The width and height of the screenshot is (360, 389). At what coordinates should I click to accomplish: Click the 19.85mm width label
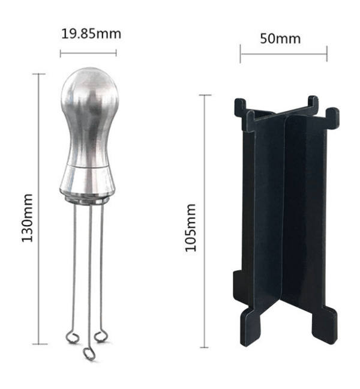[91, 34]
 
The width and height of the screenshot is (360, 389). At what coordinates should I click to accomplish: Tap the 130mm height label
[27, 218]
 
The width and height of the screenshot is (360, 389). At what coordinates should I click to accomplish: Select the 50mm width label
[280, 38]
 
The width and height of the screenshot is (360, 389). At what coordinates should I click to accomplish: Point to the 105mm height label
[191, 228]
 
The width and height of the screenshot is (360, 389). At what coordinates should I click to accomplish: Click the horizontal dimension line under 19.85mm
[88, 53]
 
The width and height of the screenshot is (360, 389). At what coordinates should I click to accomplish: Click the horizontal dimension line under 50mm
[284, 53]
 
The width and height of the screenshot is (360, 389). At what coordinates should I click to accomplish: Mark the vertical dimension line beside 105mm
[204, 221]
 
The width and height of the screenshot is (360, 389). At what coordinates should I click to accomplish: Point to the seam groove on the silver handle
[88, 167]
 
